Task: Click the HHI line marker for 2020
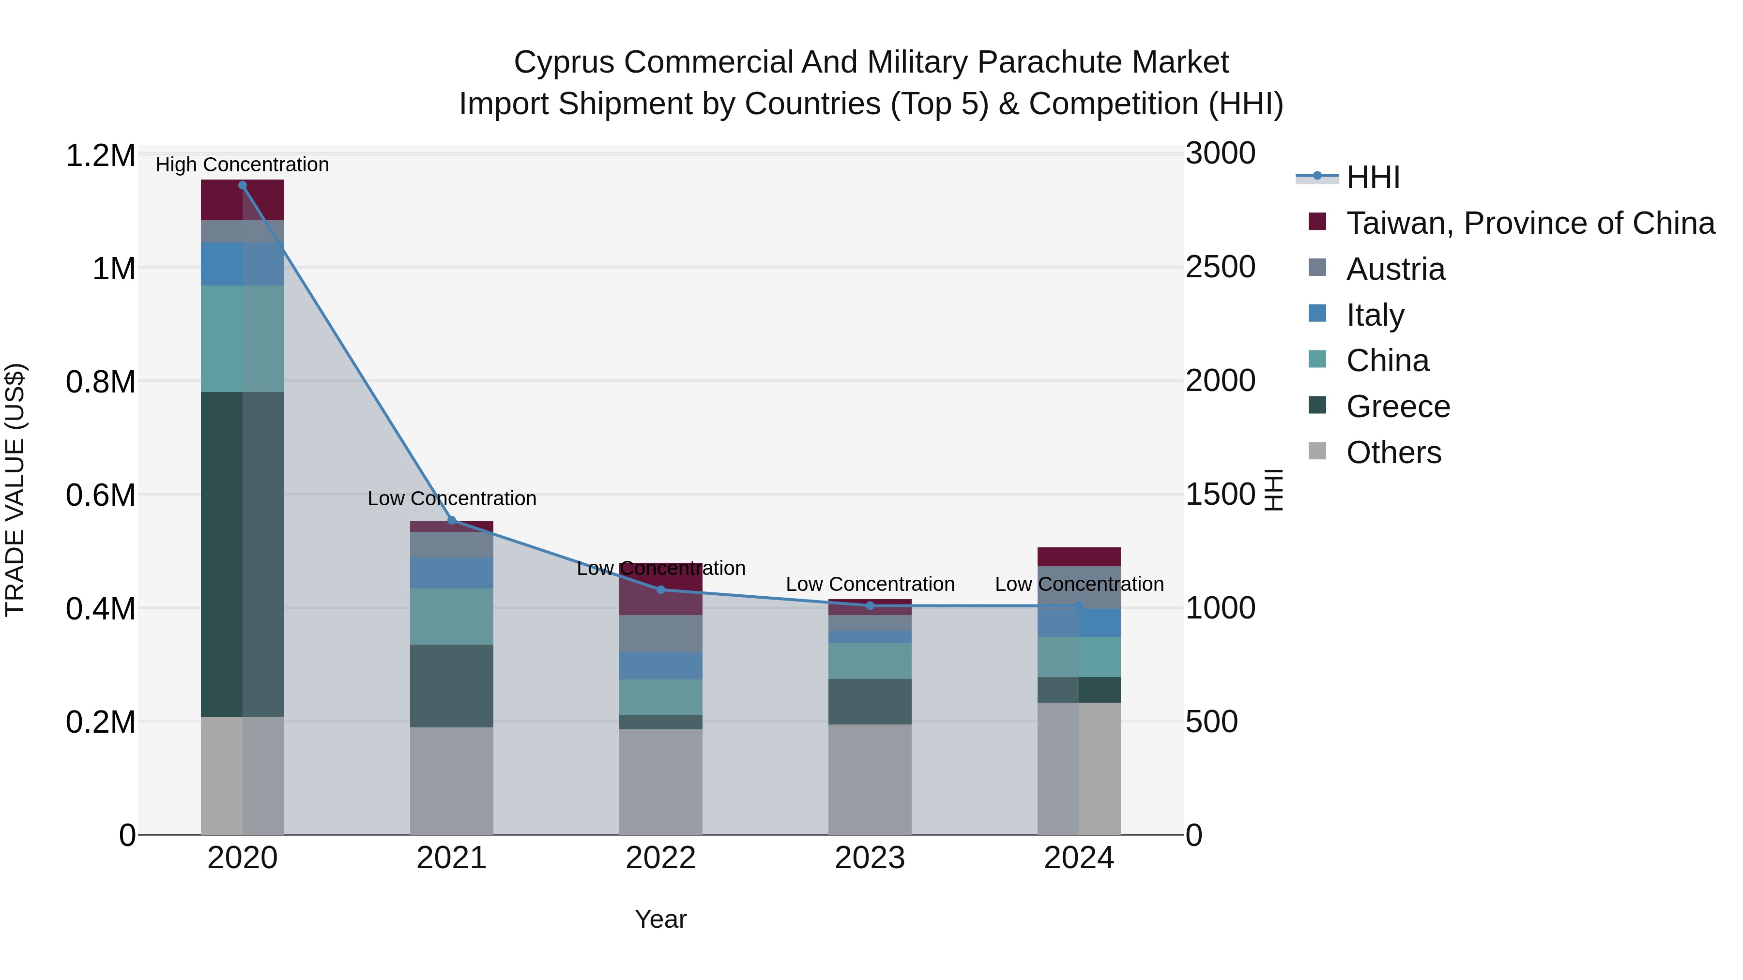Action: pyautogui.click(x=242, y=185)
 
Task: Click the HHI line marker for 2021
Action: pyautogui.click(x=452, y=520)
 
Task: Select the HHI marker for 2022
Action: pyautogui.click(x=661, y=590)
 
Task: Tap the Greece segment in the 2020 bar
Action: pyautogui.click(x=242, y=554)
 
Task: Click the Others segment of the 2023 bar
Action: pyautogui.click(x=870, y=779)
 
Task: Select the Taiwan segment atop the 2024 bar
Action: pyautogui.click(x=1079, y=557)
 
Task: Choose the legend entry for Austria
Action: pyautogui.click(x=1395, y=269)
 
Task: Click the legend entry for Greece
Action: pyautogui.click(x=1398, y=407)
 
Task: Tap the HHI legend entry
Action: pyautogui.click(x=1372, y=177)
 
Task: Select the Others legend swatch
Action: pyautogui.click(x=1317, y=451)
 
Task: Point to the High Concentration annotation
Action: pyautogui.click(x=242, y=165)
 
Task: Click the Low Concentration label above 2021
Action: pyautogui.click(x=452, y=498)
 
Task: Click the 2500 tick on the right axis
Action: pyautogui.click(x=1221, y=267)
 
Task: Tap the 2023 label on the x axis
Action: pyautogui.click(x=870, y=858)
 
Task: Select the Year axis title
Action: pyautogui.click(x=660, y=919)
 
